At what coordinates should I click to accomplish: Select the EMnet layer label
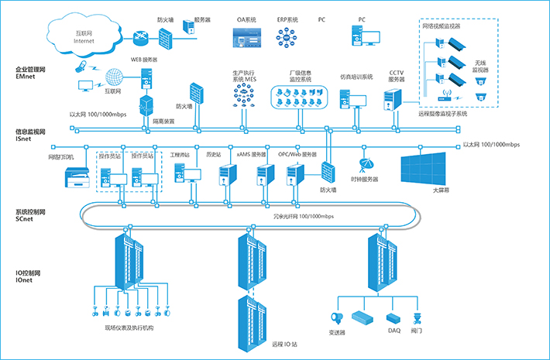click(26, 74)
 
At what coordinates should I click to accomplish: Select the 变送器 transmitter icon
click(337, 317)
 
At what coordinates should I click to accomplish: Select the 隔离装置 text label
click(163, 122)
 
